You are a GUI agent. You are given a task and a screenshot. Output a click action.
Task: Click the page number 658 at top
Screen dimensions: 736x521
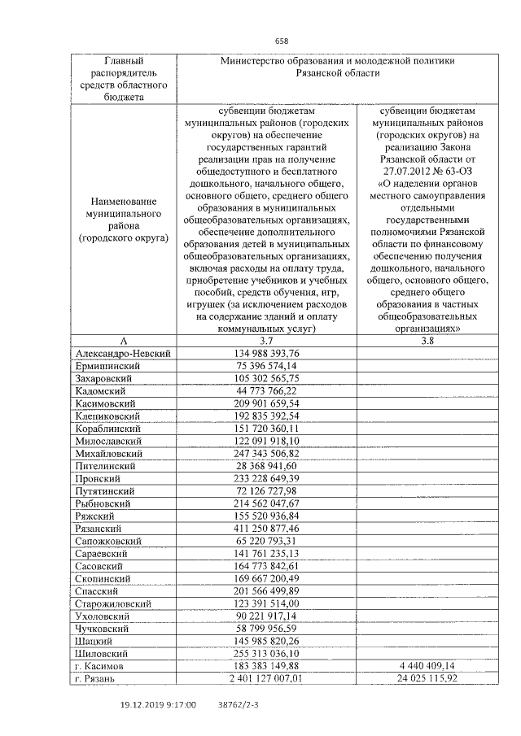point(282,41)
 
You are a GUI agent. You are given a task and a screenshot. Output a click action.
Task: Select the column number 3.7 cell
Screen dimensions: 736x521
point(266,341)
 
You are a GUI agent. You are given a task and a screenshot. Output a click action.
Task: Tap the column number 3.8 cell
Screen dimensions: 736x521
point(427,341)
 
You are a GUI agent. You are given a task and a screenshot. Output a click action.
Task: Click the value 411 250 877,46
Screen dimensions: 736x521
point(266,528)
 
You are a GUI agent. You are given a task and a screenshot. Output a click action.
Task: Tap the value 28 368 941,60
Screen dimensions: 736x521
point(266,465)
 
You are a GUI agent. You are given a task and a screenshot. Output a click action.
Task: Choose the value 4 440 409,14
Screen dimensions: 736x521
point(427,665)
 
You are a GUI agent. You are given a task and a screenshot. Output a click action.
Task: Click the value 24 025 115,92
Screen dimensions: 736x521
point(427,677)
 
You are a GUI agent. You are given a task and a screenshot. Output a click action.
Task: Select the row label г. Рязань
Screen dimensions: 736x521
point(99,677)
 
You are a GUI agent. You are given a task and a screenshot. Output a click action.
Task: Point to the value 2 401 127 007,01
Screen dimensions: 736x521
point(266,677)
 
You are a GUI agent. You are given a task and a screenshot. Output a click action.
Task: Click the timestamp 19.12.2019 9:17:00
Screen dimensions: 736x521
point(158,705)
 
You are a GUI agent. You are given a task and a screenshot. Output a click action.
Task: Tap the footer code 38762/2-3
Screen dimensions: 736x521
point(239,705)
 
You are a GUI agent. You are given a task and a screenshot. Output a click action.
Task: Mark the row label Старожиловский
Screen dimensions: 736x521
point(113,603)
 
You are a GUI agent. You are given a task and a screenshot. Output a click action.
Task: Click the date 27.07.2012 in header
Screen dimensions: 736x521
point(405,172)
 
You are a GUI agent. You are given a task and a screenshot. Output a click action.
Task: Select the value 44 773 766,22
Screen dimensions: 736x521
point(266,390)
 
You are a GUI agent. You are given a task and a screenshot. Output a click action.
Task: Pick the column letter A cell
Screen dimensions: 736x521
point(124,341)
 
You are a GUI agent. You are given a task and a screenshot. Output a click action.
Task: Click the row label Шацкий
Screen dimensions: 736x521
point(95,640)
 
